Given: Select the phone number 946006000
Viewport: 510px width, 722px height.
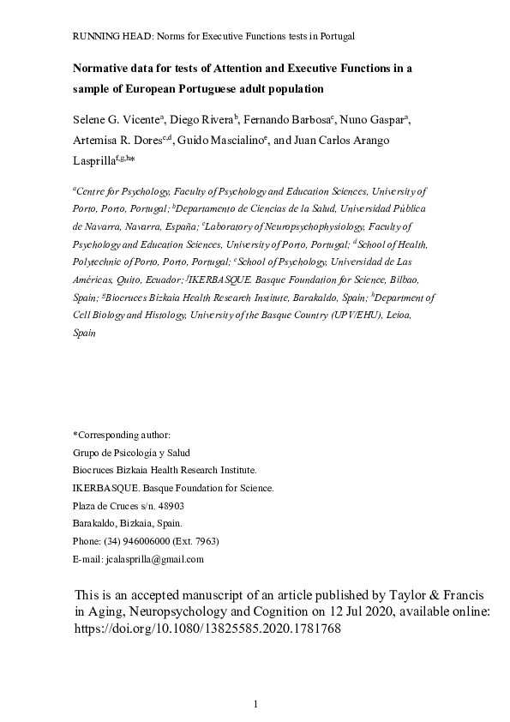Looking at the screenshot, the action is [x=147, y=541].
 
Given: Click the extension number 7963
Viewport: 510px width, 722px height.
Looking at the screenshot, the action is [x=205, y=541].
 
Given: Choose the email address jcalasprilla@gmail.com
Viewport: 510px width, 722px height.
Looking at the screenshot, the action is [x=150, y=559].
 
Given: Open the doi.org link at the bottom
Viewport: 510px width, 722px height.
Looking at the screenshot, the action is [x=208, y=628].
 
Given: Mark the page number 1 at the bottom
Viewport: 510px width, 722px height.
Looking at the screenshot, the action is [x=255, y=704].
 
